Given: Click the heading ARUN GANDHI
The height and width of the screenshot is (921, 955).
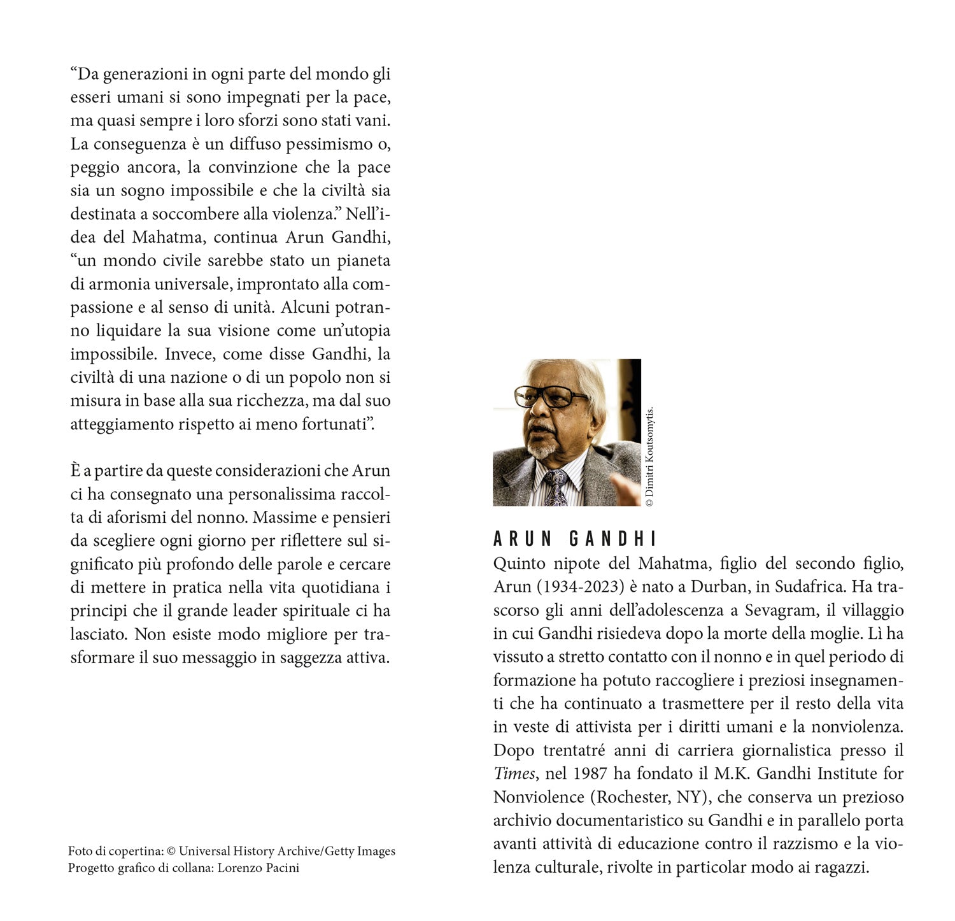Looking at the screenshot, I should click(x=574, y=539).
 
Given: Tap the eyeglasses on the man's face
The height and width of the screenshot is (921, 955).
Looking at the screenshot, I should click(x=551, y=396).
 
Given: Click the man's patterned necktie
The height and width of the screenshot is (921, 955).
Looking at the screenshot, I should click(x=555, y=487).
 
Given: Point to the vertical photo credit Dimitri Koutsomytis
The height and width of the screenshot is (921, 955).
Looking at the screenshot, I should click(x=649, y=456).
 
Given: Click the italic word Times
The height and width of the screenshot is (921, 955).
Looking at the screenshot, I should click(x=514, y=773).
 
